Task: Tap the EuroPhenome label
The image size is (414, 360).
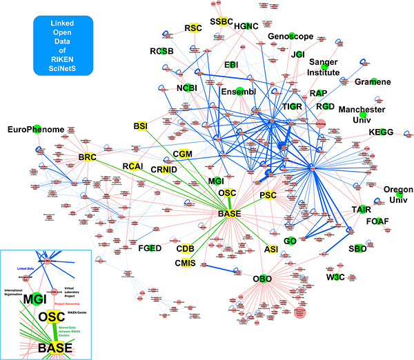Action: (36, 129)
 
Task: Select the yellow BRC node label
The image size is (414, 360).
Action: (88, 158)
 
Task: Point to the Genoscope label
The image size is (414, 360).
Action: (290, 36)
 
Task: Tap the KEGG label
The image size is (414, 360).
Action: (382, 132)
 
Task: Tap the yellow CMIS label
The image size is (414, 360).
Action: (185, 262)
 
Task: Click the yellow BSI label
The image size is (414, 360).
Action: (141, 126)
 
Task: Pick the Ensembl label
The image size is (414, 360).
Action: (239, 92)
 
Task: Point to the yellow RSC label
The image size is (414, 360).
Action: (193, 28)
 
